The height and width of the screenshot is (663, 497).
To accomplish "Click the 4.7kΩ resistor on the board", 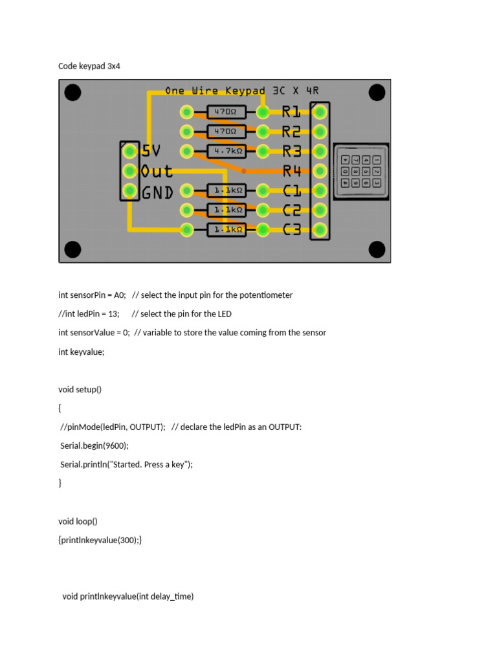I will coord(226,152).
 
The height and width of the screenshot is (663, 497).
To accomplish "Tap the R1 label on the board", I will coord(291,112).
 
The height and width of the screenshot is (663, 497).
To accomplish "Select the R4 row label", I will coord(291,171).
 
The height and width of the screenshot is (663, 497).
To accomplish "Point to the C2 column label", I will coord(291,210).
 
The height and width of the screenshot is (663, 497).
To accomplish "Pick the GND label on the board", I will coord(157,192).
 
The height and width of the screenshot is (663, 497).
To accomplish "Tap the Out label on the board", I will coord(157,172).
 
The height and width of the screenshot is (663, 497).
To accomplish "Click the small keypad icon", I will coord(361,171).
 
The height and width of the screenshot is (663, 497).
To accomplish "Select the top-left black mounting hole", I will coord(73,93).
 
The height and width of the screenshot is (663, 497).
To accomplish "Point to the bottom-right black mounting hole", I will coord(377,249).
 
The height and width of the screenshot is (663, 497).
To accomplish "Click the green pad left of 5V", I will coord(130,152).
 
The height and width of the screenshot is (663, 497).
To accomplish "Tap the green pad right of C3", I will coord(319,229).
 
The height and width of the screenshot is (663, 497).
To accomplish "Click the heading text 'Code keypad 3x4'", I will coord(89,66).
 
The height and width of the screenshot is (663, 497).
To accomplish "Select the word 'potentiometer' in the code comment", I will coord(266,295).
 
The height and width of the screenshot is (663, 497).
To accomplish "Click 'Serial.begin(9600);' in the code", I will coord(94,445).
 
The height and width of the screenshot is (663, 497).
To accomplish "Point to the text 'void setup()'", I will coord(80,389).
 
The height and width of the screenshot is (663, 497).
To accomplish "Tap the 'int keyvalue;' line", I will coord(82,352).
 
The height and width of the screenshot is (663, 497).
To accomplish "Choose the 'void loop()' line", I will coord(78,521).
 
